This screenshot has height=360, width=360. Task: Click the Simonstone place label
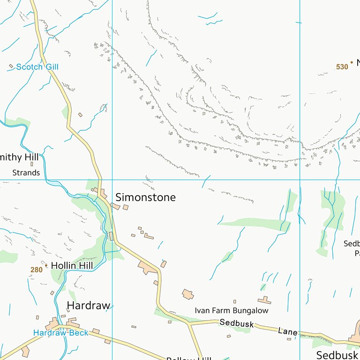click(x=145, y=197)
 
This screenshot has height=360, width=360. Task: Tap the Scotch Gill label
click(x=37, y=67)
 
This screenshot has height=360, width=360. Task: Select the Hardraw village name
click(x=89, y=306)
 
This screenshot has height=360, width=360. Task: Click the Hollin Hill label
click(x=72, y=265)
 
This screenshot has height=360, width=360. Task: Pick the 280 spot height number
click(x=36, y=270)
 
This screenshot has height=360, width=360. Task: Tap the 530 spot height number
click(x=342, y=67)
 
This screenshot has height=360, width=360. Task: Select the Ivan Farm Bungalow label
click(x=232, y=310)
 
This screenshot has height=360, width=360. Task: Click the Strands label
click(x=26, y=172)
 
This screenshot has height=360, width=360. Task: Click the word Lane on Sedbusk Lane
click(x=287, y=331)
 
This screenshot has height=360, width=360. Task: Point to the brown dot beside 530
click(x=352, y=62)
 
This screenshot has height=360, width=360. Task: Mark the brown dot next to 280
click(x=46, y=265)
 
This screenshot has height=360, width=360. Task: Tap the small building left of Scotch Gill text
click(x=11, y=66)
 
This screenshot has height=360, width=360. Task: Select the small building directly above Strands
click(x=32, y=164)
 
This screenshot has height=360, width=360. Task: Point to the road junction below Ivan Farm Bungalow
click(x=189, y=323)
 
